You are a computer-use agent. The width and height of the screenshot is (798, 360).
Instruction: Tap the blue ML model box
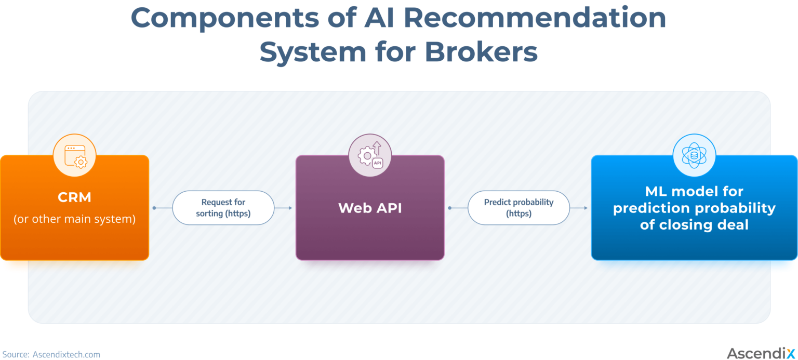pos(694,244)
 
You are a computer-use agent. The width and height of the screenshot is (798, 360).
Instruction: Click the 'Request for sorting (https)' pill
pos(223,208)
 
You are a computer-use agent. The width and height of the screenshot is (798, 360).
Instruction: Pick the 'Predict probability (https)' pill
pos(518,208)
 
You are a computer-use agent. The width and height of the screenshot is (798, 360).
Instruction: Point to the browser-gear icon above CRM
pos(75,155)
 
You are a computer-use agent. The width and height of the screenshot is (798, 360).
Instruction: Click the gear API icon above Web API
pos(370,155)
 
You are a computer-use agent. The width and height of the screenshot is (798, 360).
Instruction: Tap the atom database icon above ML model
pos(694,155)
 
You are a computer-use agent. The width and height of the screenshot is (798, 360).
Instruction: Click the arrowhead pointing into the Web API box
pos(290,208)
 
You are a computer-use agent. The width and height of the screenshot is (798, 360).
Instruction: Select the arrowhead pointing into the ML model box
pos(586,208)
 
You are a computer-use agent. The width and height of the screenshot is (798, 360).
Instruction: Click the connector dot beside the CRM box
pos(154,208)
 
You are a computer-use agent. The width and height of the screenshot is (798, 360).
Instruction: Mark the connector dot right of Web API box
pos(450,208)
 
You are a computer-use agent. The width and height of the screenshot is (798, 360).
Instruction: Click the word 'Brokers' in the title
pos(481,52)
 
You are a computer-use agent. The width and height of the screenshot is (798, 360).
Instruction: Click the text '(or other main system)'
pos(75,219)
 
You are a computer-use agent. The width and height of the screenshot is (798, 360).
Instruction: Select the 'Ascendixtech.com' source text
pos(66,354)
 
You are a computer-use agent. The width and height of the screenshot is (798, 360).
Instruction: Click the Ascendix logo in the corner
pos(761,353)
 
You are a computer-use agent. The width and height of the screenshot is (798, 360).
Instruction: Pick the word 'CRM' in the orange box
pos(75,197)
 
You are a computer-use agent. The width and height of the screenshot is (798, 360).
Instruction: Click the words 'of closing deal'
pos(694,225)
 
